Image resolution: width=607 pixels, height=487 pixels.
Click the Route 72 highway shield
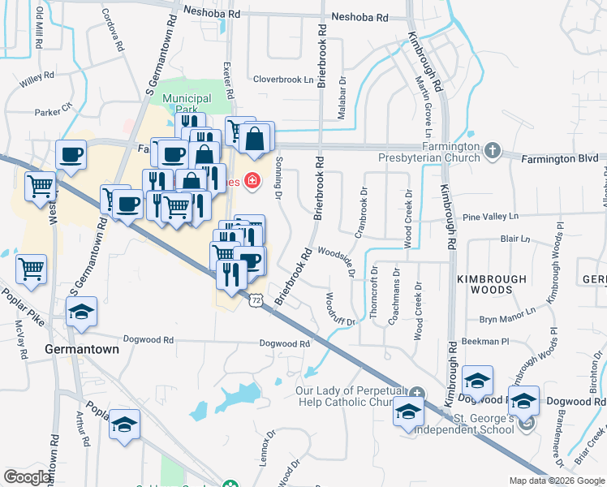[256, 300]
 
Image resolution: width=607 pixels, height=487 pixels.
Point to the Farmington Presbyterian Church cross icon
[493, 151]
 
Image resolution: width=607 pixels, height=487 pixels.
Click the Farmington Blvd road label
[559, 157]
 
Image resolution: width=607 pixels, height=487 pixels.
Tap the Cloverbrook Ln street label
[283, 80]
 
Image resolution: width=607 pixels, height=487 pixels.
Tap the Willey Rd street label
[37, 78]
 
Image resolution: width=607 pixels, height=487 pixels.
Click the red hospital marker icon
[252, 180]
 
